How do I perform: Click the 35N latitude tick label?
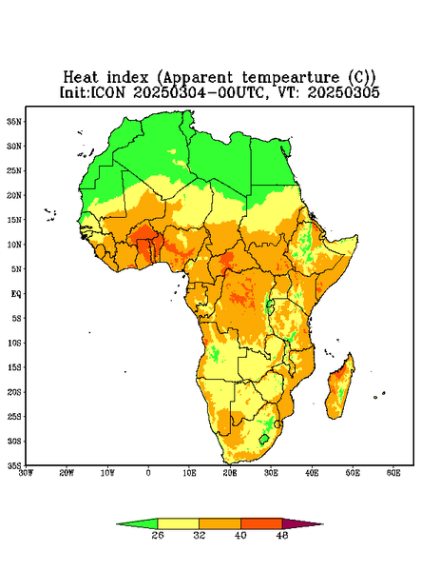[x=14, y=121]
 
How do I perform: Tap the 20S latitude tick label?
[x=14, y=392]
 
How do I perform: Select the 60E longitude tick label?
[x=393, y=473]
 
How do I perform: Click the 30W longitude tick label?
[x=27, y=473]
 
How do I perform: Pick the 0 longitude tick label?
[x=148, y=473]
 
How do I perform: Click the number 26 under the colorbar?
[x=158, y=535]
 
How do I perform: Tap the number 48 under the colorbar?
[x=282, y=535]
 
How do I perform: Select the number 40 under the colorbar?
[x=240, y=535]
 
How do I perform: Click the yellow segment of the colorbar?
[x=178, y=523]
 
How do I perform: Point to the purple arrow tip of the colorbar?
[x=323, y=524]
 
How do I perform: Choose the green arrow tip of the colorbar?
[x=117, y=524]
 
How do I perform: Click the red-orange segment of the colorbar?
[x=261, y=523]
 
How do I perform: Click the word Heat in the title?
[x=81, y=78]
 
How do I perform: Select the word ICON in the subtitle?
[x=107, y=92]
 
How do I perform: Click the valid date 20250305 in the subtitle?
[x=344, y=92]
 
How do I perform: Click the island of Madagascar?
[x=340, y=389]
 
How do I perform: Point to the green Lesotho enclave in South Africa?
[x=264, y=439]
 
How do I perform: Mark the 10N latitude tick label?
[x=14, y=245]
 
